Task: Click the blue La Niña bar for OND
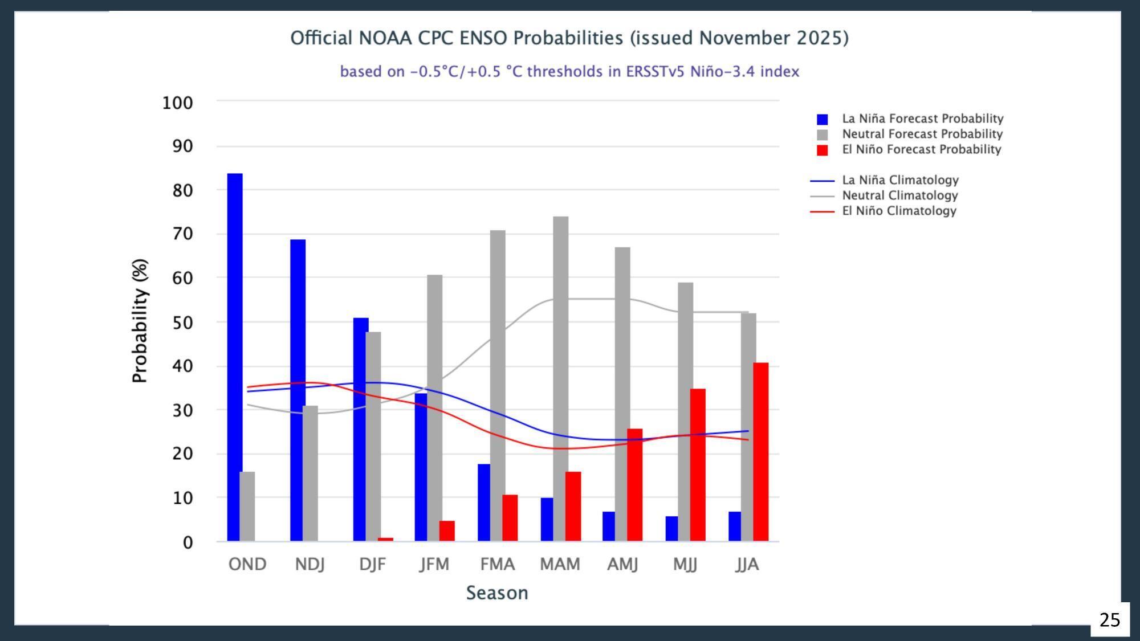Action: tap(235, 357)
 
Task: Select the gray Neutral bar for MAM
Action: tap(560, 378)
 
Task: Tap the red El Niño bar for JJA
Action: tap(760, 452)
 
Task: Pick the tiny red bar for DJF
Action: tap(385, 539)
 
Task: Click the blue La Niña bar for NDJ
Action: tap(298, 390)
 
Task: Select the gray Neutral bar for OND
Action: tap(247, 506)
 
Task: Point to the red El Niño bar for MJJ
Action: tap(698, 465)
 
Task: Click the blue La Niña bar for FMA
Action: tap(484, 503)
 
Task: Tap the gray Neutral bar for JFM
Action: tap(434, 408)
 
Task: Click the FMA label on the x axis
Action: tap(497, 564)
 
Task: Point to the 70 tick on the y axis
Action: tap(182, 234)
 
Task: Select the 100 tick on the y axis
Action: tap(178, 103)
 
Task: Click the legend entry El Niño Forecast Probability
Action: tap(921, 149)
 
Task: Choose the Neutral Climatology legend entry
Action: tap(899, 195)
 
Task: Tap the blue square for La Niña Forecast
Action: tap(822, 119)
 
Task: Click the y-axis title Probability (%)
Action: tap(140, 321)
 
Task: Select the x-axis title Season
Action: tap(497, 593)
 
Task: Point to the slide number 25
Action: tap(1109, 620)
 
